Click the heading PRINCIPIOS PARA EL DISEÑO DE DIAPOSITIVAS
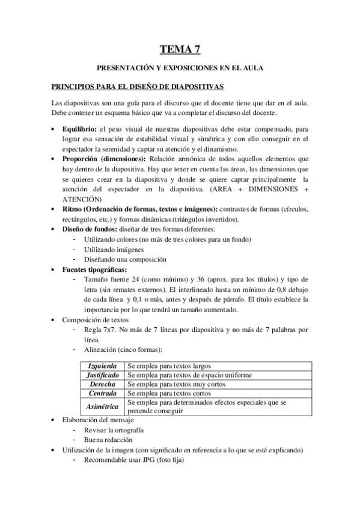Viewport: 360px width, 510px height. (138, 87)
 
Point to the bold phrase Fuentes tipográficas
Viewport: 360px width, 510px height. (91, 269)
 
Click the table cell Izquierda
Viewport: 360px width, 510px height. (102, 366)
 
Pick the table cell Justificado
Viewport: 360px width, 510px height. (102, 375)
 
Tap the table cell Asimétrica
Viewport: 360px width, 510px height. (102, 406)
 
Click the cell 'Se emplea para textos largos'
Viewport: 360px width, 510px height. (169, 366)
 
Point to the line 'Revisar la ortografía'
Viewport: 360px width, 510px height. (114, 430)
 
